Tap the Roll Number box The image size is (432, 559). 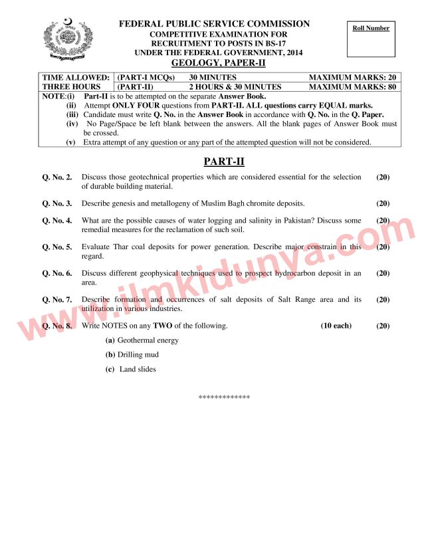click(x=371, y=41)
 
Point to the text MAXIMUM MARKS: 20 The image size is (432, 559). click(x=352, y=78)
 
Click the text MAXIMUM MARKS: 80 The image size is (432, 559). click(x=352, y=86)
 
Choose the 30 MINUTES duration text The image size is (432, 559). click(x=213, y=78)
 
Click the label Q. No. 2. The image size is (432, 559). click(x=57, y=177)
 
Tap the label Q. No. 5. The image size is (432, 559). click(x=57, y=247)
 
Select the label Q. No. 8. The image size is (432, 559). click(x=57, y=326)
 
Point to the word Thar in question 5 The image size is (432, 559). click(x=121, y=247)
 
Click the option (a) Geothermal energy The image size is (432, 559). click(x=142, y=340)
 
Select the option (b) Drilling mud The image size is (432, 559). click(x=132, y=355)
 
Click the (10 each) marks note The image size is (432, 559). click(x=336, y=326)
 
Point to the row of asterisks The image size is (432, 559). click(x=224, y=397)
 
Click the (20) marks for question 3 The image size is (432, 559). click(x=383, y=203)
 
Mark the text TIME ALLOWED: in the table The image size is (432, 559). click(x=76, y=78)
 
